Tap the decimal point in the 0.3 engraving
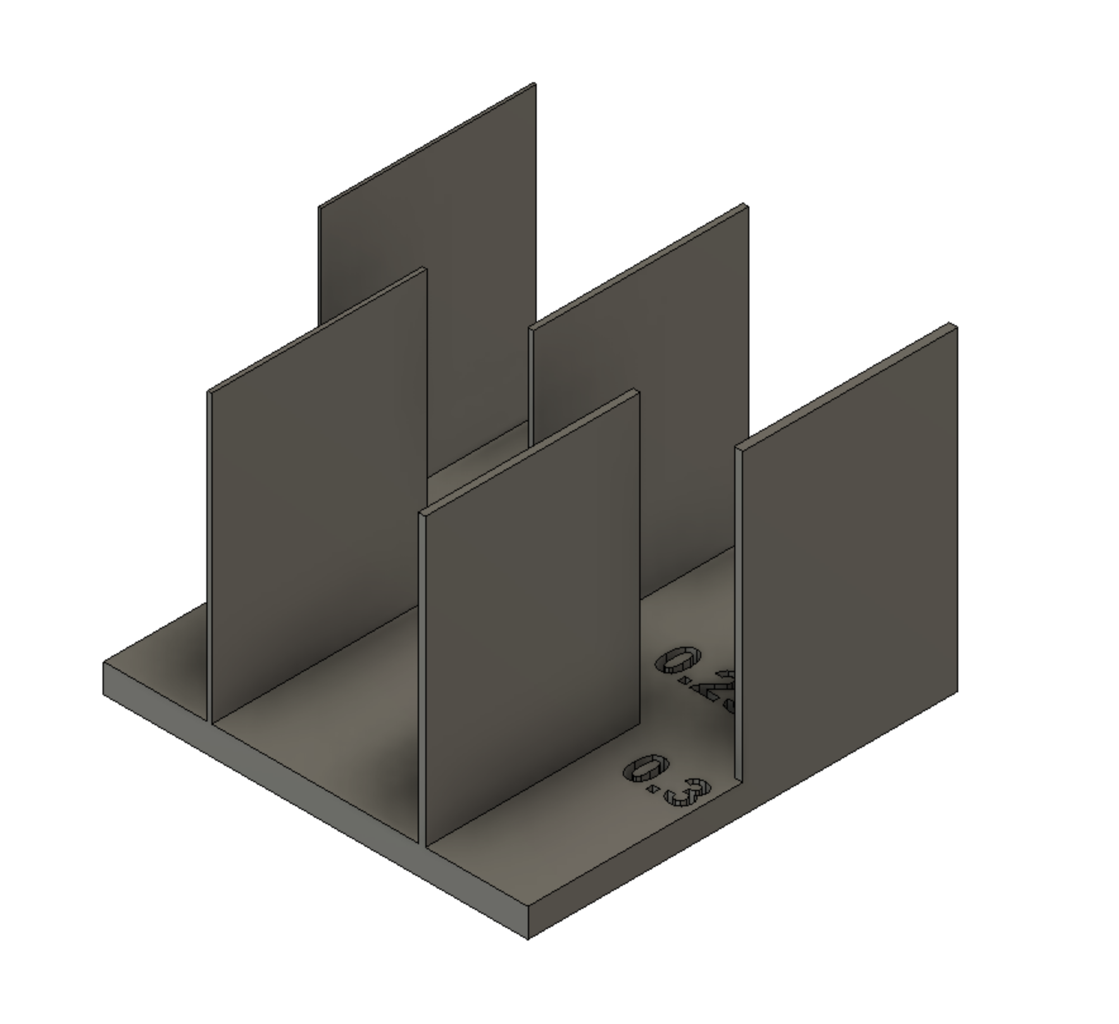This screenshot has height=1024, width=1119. coord(652,789)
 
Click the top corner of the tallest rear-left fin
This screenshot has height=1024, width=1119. coord(534,84)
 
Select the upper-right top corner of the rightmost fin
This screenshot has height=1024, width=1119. coord(953,325)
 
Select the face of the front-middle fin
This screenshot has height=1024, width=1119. coord(532,620)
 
